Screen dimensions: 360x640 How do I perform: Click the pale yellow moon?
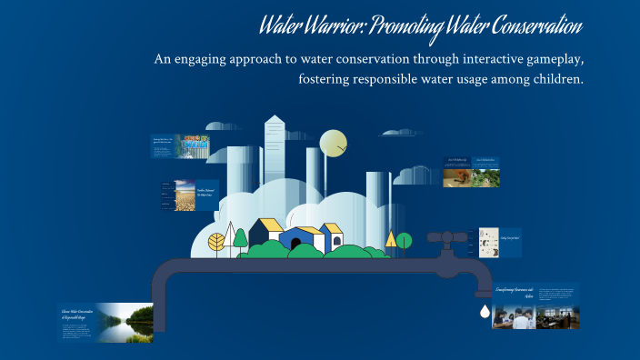pos(334,144)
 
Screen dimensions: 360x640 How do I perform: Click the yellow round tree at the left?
pos(217,242)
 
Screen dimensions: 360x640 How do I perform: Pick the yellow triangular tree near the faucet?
pos(391,239)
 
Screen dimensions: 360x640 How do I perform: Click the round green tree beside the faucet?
pos(404,240)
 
